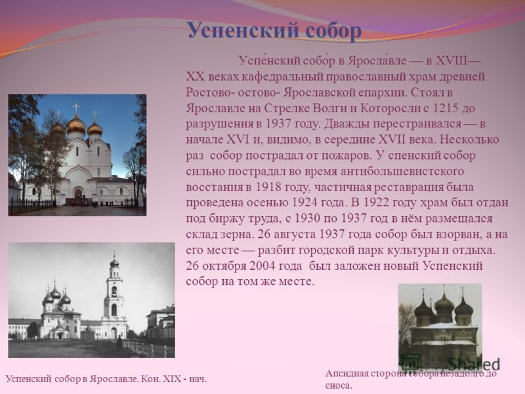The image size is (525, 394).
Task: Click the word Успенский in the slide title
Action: coord(242,31)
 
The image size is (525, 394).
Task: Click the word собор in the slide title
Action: coord(333,31)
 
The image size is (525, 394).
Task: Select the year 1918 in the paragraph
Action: coord(268,187)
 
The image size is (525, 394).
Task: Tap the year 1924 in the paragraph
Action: coord(304,202)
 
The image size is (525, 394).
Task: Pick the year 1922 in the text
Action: coord(375,202)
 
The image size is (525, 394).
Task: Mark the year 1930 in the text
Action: coord(307,219)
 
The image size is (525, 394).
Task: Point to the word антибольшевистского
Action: coord(402,171)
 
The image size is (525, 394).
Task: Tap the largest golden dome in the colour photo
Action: coord(76,124)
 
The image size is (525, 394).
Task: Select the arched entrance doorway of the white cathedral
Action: coord(78,194)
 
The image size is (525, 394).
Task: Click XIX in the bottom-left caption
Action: coord(171,380)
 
